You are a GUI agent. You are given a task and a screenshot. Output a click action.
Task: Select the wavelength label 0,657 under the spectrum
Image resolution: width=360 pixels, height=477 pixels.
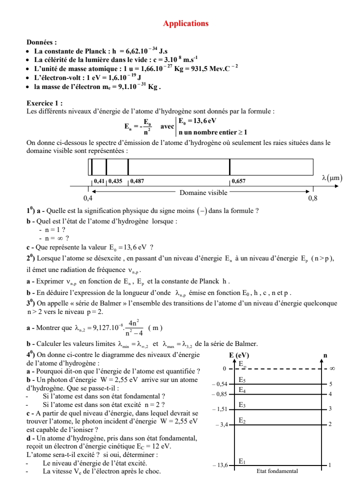pos(238,180)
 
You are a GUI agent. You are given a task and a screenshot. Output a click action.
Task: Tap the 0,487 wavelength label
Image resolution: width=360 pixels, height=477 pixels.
pos(136,180)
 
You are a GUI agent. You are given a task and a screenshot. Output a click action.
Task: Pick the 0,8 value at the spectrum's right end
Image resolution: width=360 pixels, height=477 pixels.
pos(313,198)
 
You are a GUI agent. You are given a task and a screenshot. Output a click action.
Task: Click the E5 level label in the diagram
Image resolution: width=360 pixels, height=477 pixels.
pos(242,380)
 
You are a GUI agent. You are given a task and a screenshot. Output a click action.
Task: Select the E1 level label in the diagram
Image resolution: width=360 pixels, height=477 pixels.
pos(242,461)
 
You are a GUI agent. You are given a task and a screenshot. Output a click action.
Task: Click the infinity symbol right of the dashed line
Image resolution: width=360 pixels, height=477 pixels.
pos(332,369)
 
